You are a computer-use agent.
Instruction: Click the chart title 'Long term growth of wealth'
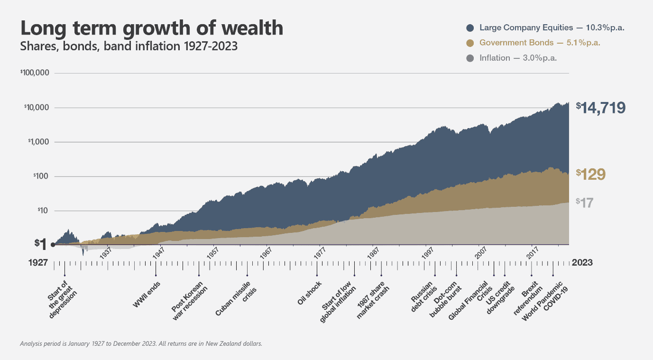pos(152,28)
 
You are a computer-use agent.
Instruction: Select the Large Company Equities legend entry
pos(545,28)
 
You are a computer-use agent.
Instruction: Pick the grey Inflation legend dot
pos(470,58)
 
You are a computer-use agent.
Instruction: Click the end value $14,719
pos(601,107)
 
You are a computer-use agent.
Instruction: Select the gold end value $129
pos(591,175)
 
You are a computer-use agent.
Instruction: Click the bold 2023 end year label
pos(582,262)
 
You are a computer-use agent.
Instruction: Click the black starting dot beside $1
pos(52,245)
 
